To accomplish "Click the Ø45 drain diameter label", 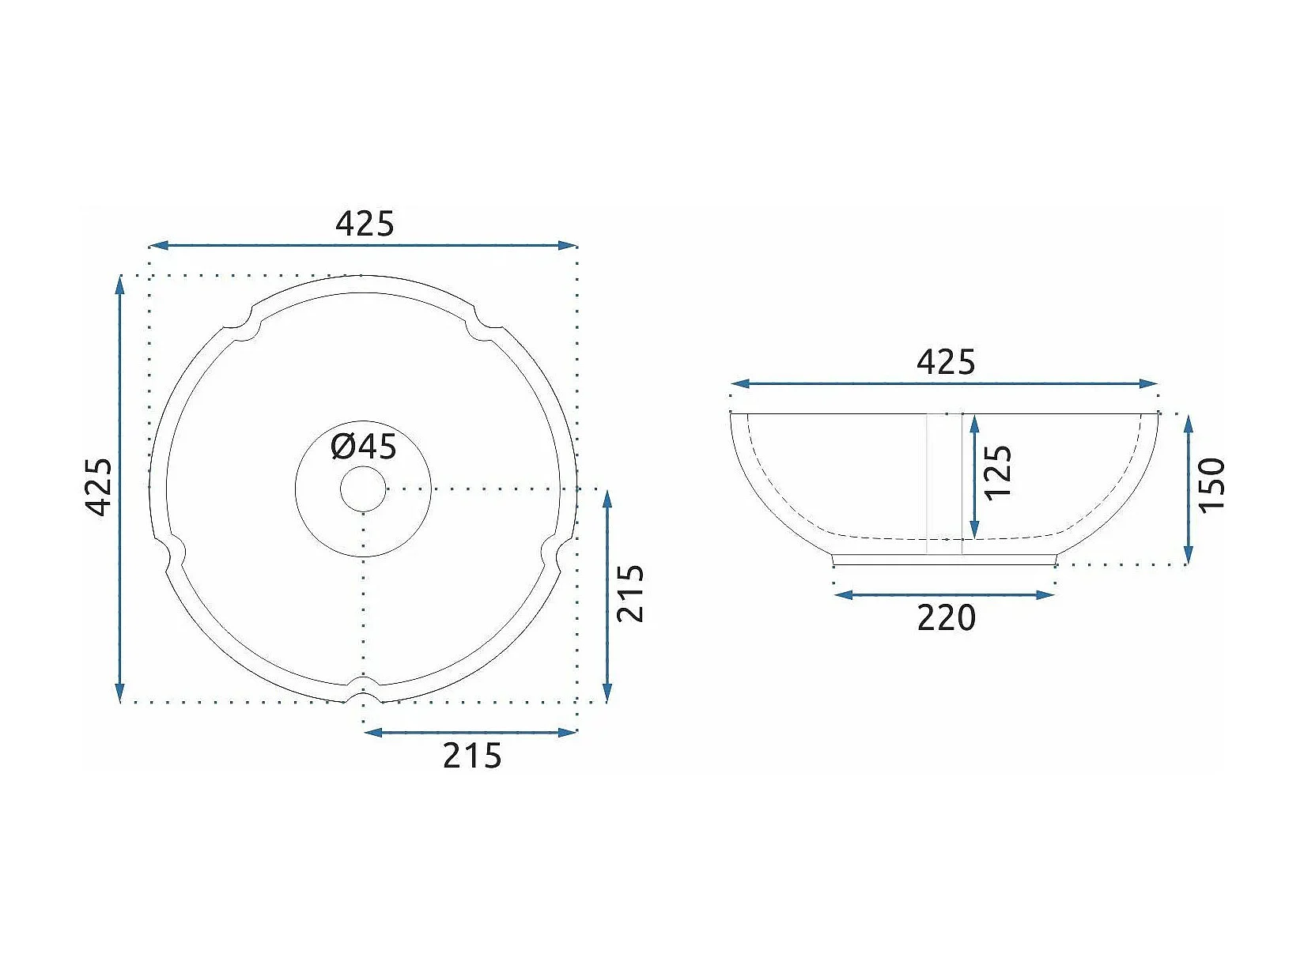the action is [364, 447].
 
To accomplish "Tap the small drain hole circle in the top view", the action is [363, 489].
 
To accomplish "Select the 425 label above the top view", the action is [365, 224].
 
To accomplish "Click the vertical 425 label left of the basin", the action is [99, 486].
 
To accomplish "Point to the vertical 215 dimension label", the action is [629, 593].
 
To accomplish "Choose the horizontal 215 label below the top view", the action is [472, 756].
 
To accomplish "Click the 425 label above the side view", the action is [946, 362].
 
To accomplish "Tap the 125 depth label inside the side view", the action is [998, 473].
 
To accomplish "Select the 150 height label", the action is [1212, 484].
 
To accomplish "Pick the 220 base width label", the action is [947, 617].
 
